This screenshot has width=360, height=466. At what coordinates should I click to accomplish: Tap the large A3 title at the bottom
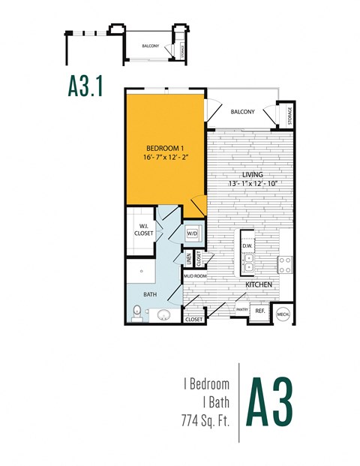click(271, 404)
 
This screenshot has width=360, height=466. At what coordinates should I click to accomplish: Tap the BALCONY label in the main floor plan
click(242, 112)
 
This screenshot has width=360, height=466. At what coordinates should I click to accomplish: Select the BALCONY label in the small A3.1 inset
click(150, 47)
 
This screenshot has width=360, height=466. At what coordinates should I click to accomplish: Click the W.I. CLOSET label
click(145, 230)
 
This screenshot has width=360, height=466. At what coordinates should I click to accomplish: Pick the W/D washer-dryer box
click(192, 233)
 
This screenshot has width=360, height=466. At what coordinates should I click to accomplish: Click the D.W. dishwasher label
click(247, 245)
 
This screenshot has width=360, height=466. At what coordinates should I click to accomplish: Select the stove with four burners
click(286, 264)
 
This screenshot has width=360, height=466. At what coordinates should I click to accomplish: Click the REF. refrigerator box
click(259, 311)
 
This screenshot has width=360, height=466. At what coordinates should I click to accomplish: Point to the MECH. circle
click(283, 314)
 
